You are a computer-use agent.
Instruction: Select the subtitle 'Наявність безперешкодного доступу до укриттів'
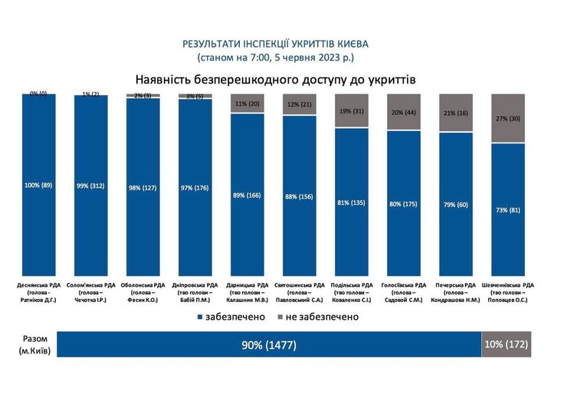tap(276, 79)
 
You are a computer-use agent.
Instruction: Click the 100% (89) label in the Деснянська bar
tap(38, 185)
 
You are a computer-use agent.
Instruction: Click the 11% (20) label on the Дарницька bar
tap(246, 104)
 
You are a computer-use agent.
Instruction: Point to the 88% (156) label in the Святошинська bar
tap(298, 196)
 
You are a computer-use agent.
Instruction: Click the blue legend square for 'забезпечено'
tap(199, 317)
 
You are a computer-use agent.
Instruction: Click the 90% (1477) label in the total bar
tap(269, 346)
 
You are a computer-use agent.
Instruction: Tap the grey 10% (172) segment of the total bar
tap(506, 346)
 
